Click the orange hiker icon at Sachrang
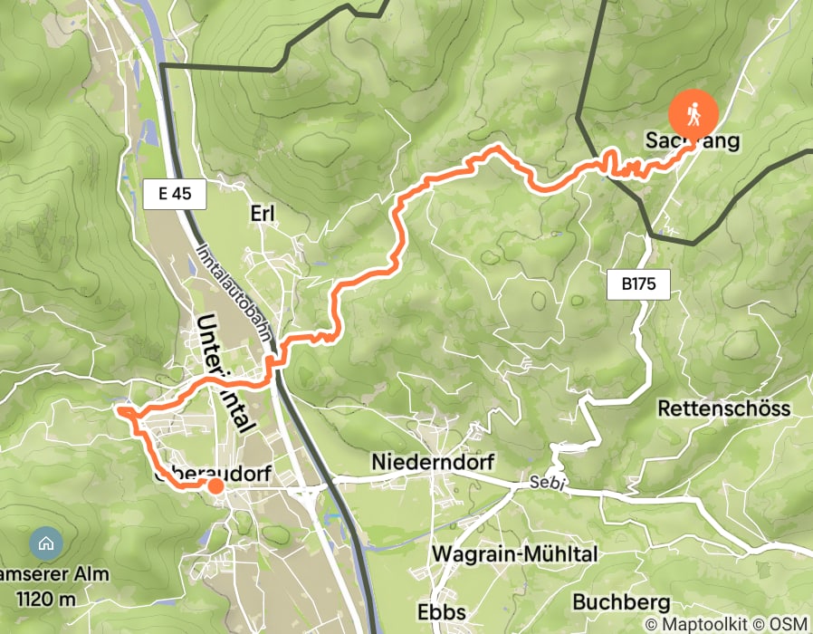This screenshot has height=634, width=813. click(693, 114)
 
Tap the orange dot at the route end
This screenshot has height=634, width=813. click(215, 486)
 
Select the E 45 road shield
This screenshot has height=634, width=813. click(175, 193)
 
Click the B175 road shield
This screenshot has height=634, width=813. click(638, 284)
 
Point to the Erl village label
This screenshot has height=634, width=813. click(262, 213)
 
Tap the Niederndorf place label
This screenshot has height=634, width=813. click(433, 462)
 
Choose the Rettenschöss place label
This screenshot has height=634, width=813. click(723, 408)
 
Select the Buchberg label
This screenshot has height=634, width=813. click(621, 601)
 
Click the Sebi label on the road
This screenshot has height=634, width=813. click(549, 485)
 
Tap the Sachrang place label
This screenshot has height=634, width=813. click(693, 140)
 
